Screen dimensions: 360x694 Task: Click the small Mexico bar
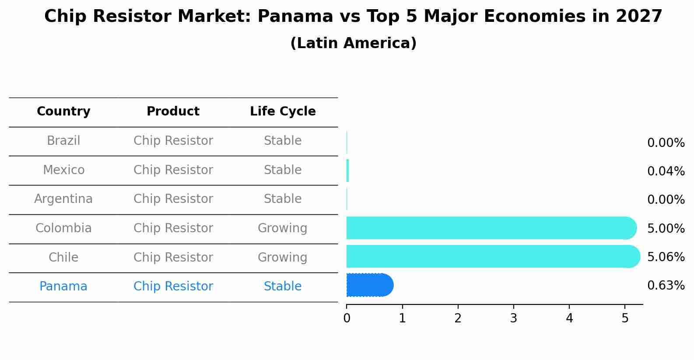(348, 171)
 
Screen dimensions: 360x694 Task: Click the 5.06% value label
(666, 257)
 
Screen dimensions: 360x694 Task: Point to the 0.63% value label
(666, 286)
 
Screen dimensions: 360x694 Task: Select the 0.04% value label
(666, 171)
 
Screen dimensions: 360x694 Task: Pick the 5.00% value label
(666, 228)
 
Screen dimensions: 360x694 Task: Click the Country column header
(63, 112)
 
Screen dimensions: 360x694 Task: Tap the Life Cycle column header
(283, 112)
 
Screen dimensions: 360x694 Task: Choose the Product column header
(173, 112)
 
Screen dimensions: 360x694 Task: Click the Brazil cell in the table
(63, 141)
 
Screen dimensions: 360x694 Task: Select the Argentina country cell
(63, 199)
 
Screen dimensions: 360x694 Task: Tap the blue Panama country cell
(63, 287)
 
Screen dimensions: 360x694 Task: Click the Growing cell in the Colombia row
(282, 228)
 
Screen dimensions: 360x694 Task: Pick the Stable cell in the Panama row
(282, 287)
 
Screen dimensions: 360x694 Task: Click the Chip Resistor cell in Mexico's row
(173, 170)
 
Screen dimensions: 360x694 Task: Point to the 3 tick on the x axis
(513, 318)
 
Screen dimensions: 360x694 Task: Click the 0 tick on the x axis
(347, 318)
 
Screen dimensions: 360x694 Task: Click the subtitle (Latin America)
(353, 43)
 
